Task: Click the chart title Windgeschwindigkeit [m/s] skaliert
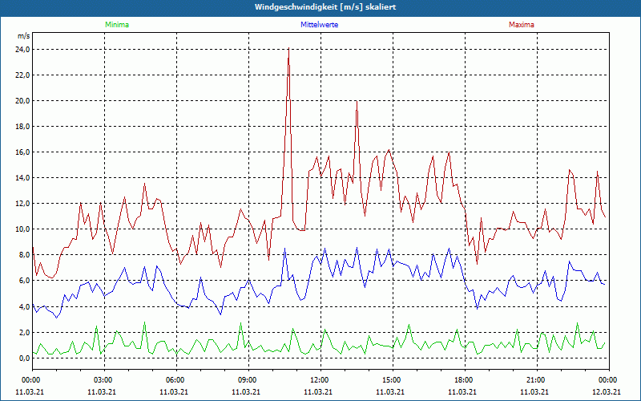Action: (x=320, y=7)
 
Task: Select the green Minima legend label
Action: (x=116, y=25)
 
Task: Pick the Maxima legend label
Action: (x=521, y=25)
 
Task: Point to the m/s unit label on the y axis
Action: (x=23, y=37)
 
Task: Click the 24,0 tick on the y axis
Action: (x=22, y=49)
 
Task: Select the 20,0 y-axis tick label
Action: (x=22, y=100)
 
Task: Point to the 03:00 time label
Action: (x=104, y=379)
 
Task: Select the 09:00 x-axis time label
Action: (x=248, y=379)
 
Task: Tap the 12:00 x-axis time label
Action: (x=320, y=379)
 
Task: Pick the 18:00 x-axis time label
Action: (x=464, y=379)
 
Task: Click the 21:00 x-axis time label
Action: (x=536, y=379)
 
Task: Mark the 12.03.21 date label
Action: (x=608, y=391)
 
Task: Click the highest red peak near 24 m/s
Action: (x=288, y=49)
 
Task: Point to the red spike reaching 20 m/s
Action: (x=357, y=101)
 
